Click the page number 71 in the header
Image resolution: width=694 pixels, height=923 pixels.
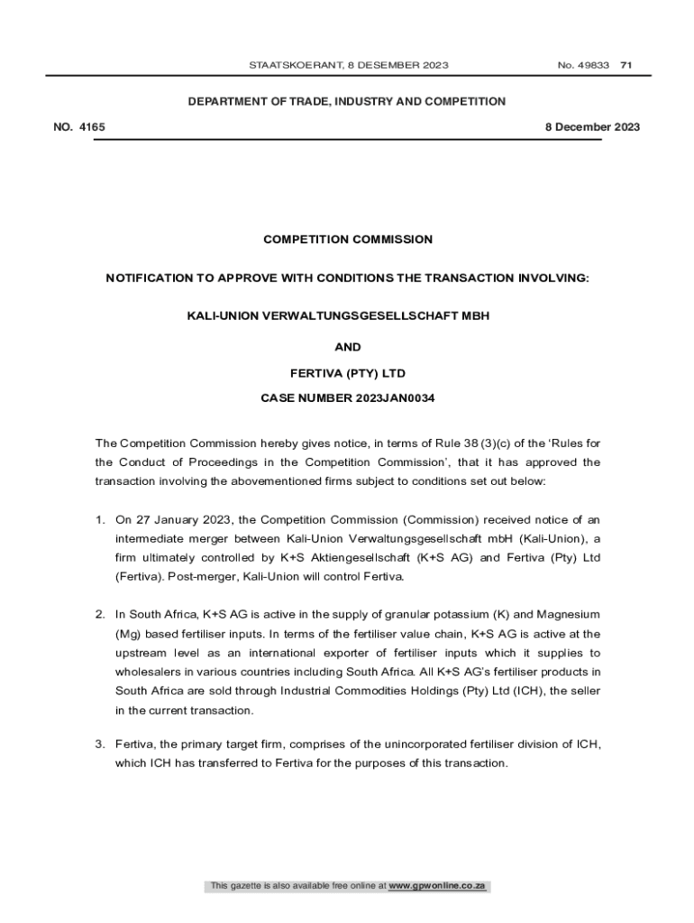click(626, 65)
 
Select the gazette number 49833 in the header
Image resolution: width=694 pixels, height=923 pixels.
click(595, 65)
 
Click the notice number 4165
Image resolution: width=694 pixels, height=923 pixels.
click(92, 127)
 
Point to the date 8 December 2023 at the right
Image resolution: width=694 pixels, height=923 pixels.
click(592, 127)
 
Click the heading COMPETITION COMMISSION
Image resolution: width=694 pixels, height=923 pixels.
click(347, 240)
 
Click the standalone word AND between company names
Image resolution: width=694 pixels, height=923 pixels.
click(347, 347)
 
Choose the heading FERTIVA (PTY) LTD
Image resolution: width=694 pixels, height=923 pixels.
click(347, 372)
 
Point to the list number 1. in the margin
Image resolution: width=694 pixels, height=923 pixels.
click(101, 520)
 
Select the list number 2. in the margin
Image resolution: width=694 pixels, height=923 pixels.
click(101, 615)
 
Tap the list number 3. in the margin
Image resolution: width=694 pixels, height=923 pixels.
click(101, 745)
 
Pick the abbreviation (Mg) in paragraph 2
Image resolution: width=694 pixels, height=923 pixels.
click(129, 634)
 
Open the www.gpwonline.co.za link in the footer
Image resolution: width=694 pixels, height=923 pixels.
click(437, 886)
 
